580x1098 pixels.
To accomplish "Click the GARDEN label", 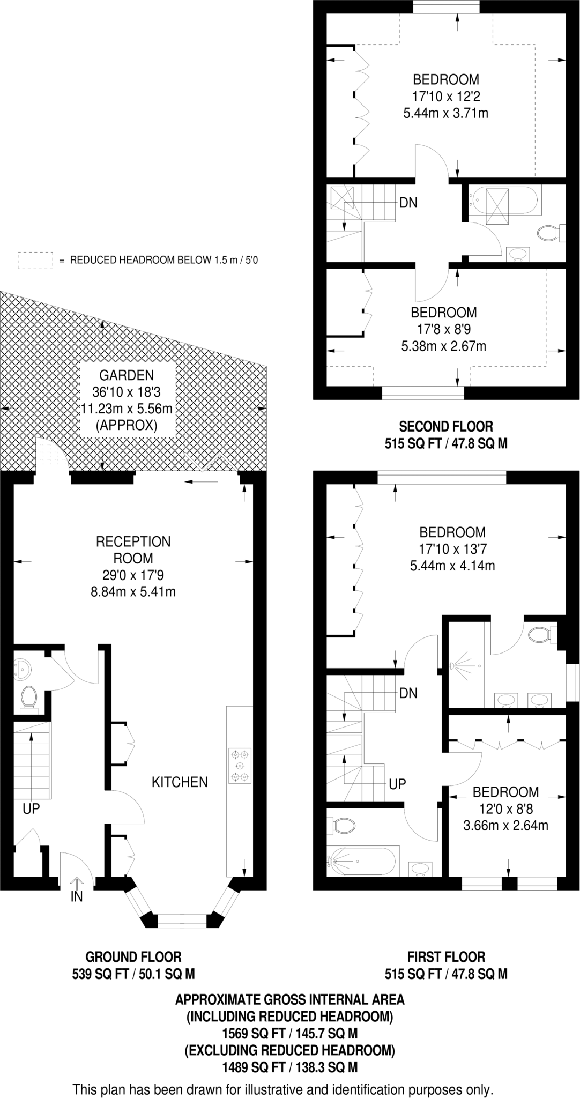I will click(x=127, y=376).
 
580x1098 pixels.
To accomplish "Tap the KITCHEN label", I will click(x=180, y=782).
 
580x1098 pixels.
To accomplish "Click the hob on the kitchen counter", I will click(x=239, y=766).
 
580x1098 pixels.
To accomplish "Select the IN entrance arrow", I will click(x=77, y=883).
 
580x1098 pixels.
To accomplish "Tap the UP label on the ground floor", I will click(x=31, y=808).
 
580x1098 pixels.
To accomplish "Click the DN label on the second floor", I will click(x=408, y=203).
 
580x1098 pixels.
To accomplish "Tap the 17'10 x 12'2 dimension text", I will click(x=445, y=97).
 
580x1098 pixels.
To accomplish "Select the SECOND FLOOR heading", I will click(x=446, y=427).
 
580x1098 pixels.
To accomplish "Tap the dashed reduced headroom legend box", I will click(x=35, y=260).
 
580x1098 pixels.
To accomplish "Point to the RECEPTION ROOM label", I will click(x=133, y=550).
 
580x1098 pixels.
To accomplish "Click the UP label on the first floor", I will click(x=397, y=784).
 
